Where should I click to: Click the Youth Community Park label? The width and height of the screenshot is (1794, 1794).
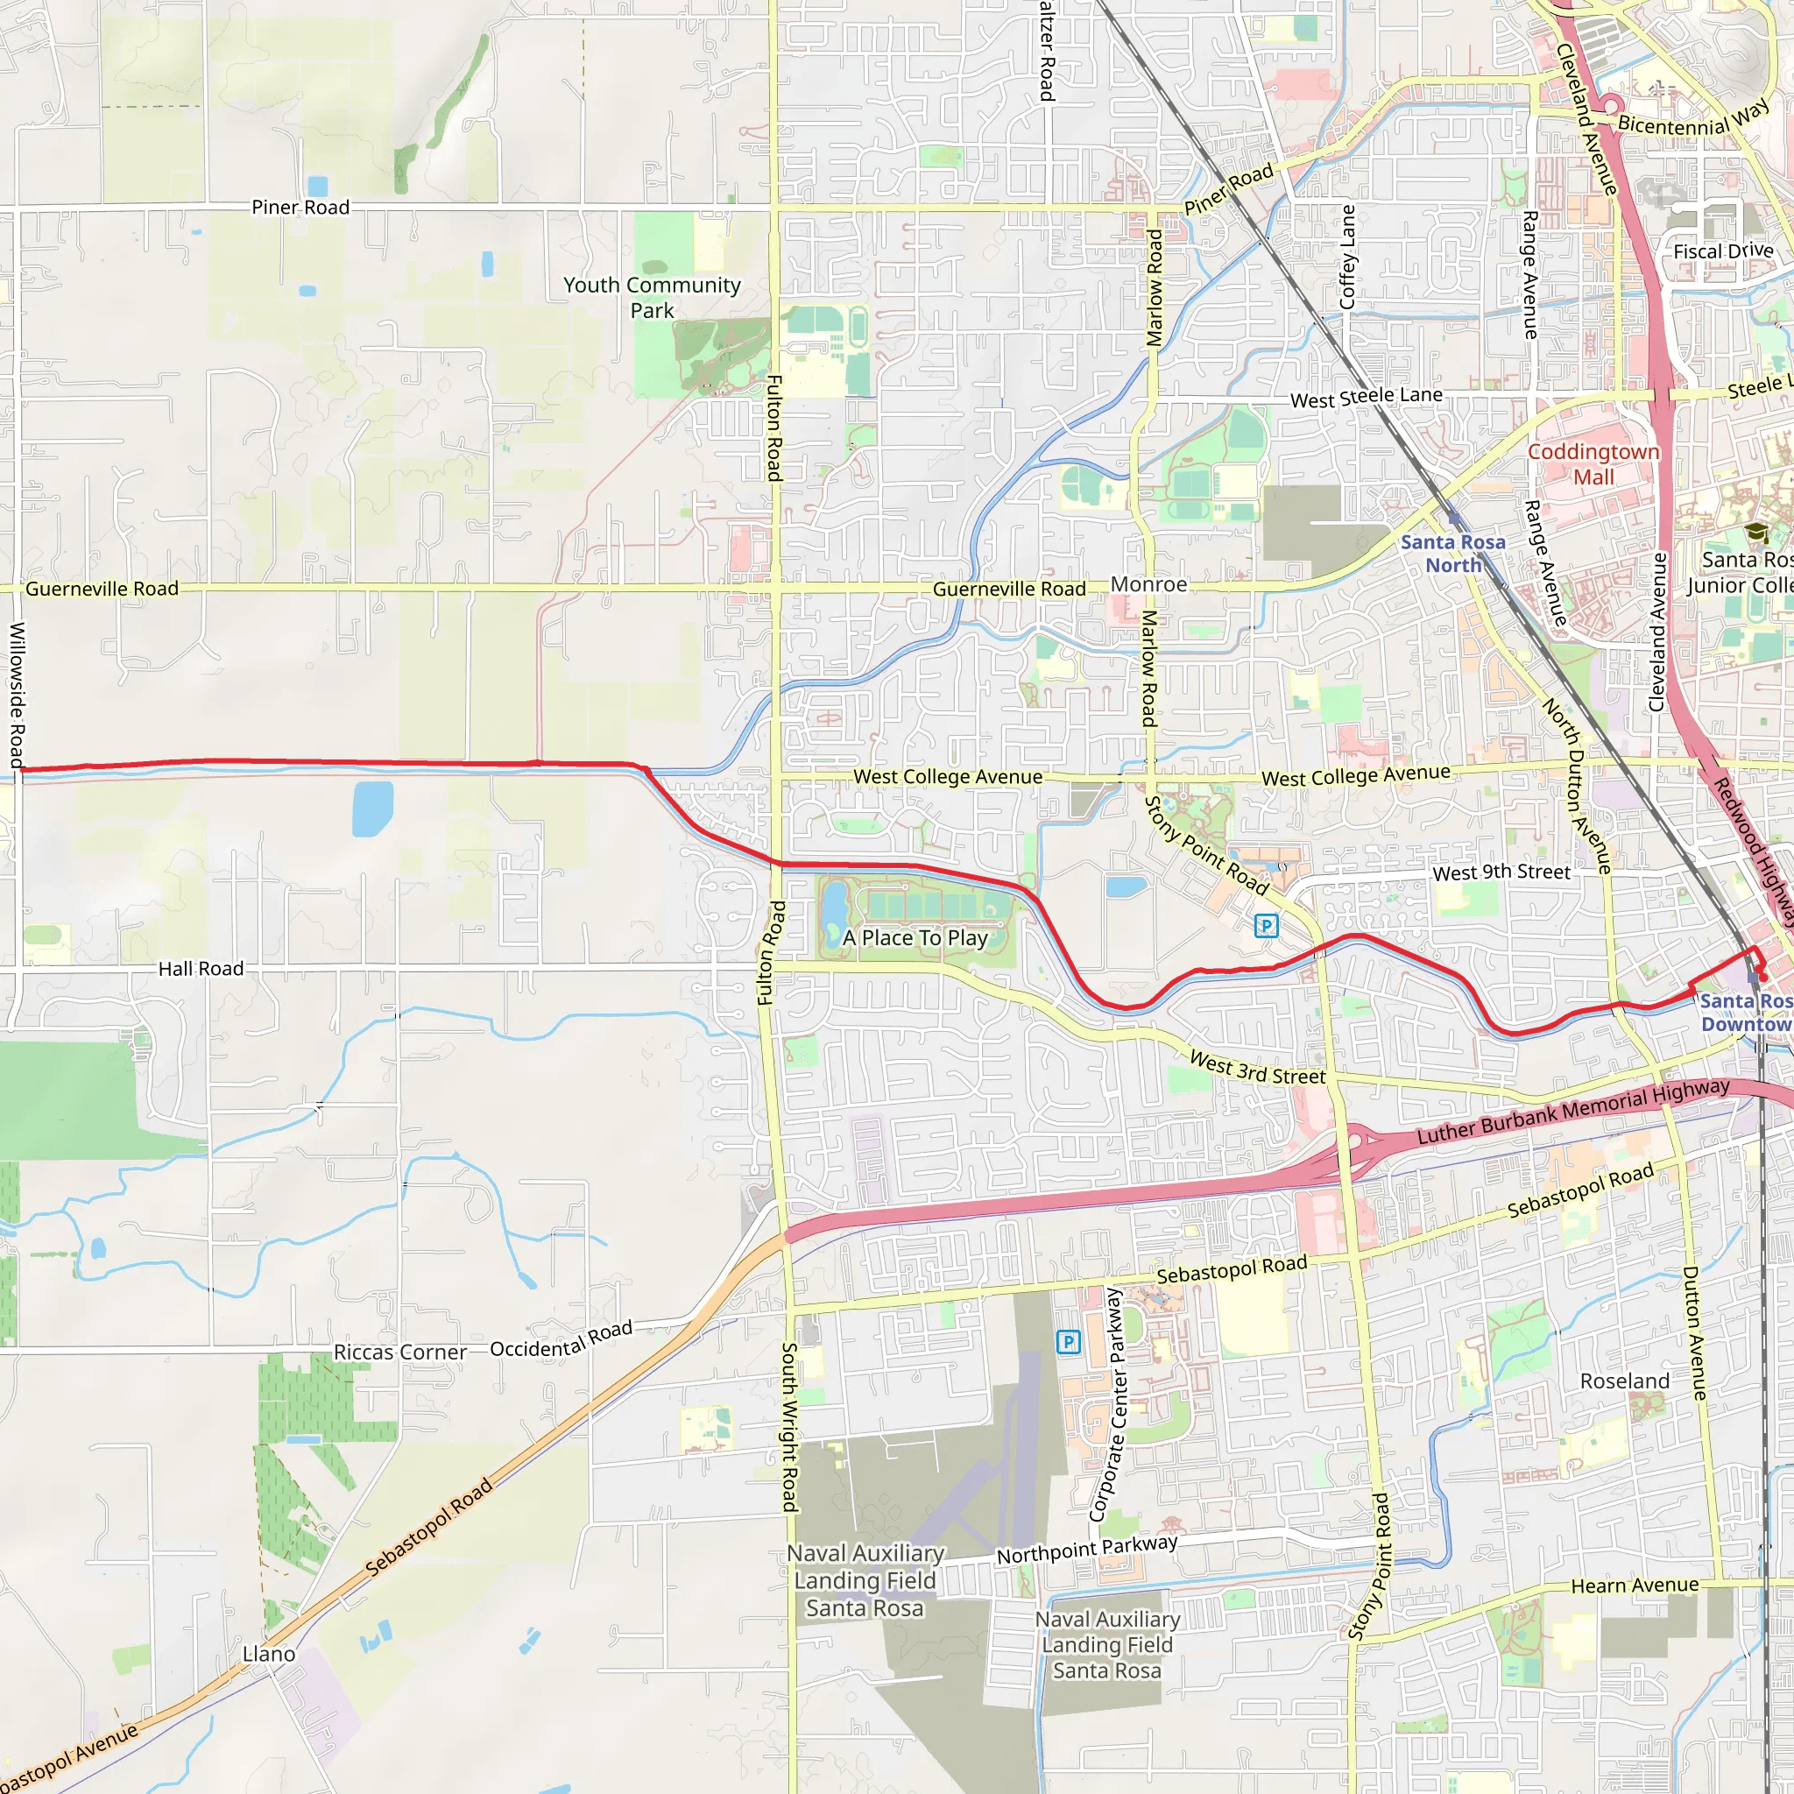tap(652, 297)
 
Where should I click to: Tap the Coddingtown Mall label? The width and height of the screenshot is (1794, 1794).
tap(1593, 463)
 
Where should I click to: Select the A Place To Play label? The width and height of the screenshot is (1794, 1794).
tap(915, 938)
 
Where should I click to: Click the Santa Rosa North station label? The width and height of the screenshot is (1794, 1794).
tap(1452, 554)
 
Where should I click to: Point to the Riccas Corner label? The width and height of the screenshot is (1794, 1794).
tap(399, 1352)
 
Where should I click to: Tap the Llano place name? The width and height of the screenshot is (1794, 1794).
tap(268, 1654)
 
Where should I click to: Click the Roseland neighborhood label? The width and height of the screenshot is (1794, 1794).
tap(1624, 1381)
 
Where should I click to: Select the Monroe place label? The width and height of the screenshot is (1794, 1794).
tap(1148, 584)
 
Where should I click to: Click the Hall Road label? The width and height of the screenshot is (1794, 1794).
tap(201, 969)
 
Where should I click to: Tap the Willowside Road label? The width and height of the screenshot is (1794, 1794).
tap(17, 694)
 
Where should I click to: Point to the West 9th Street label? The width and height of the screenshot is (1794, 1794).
tap(1501, 872)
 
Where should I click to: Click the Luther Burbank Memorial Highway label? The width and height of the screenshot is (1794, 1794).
tap(1573, 1111)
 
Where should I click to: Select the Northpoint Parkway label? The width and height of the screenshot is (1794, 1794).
tap(1086, 1549)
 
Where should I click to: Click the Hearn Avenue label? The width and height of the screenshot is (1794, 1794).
tap(1635, 1585)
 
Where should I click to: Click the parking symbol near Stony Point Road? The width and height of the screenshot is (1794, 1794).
tap(1266, 925)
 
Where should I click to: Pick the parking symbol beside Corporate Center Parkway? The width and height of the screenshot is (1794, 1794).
tap(1068, 1342)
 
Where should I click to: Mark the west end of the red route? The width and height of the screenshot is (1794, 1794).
tap(20, 770)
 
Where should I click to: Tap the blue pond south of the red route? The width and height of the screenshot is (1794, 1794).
tap(372, 808)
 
